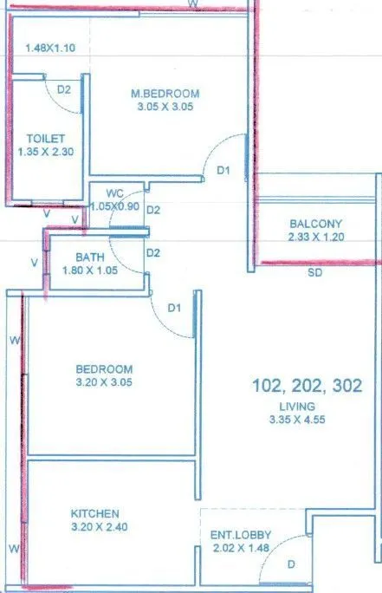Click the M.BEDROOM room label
pos(165,94)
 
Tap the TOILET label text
pos(44,138)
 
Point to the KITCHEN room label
pos(95,514)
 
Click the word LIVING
pos(297,406)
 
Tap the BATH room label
pos(90,257)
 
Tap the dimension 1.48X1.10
pos(51,49)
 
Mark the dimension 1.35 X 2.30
pos(47,152)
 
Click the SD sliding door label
pos(314,272)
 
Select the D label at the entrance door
pos(291,564)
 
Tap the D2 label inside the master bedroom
pos(64,88)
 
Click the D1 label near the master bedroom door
pos(223,171)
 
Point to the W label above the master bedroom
pos(194,5)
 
